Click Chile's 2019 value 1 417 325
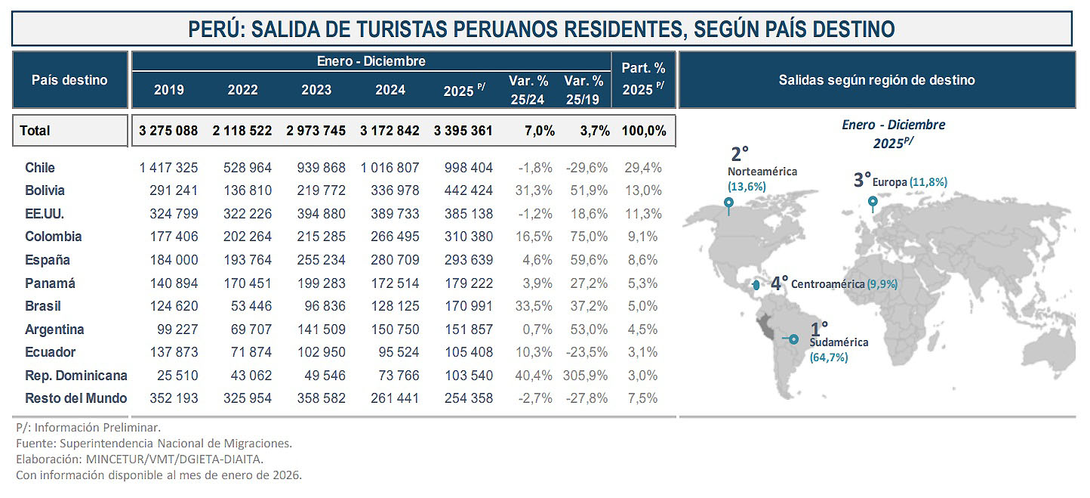click(168, 168)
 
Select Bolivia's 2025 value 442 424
click(463, 190)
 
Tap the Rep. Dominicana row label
click(75, 376)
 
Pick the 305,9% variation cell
click(585, 376)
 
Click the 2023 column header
click(316, 90)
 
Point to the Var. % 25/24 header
click(528, 89)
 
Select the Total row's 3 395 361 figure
click(463, 131)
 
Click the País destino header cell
click(69, 80)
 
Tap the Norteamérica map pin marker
click(728, 203)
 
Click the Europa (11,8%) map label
click(909, 182)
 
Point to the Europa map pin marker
click(873, 202)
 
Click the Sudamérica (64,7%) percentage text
click(829, 357)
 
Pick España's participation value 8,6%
click(643, 260)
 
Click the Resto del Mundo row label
click(75, 398)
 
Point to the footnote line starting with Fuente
click(154, 443)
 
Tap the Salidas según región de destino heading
click(876, 80)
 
